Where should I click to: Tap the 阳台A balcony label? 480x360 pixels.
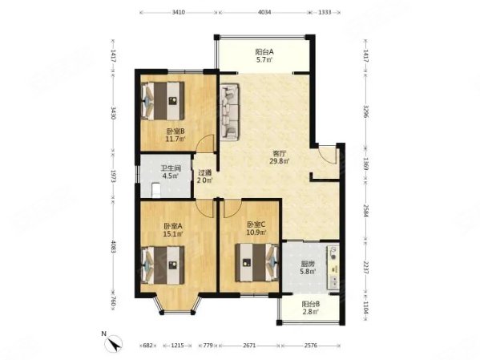[264, 53]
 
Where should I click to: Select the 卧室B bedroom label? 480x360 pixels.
[175, 133]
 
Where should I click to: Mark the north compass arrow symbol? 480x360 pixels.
[113, 342]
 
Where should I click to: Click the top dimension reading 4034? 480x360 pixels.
[264, 13]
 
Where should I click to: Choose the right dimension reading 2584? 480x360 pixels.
[365, 211]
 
